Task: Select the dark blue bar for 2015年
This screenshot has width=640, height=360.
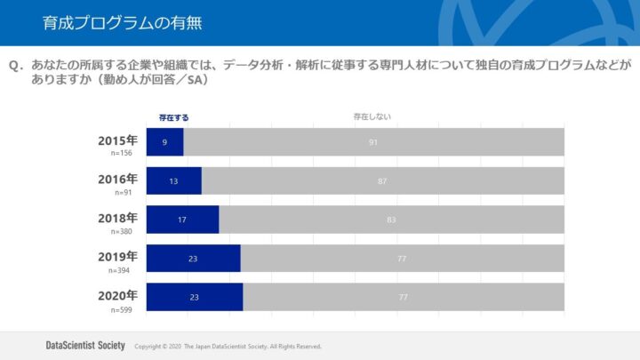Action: click(x=164, y=142)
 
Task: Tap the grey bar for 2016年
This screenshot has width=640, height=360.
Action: click(x=382, y=180)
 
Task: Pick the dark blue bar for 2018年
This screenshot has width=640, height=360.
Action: click(x=182, y=220)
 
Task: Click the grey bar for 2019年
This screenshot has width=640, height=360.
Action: click(x=402, y=258)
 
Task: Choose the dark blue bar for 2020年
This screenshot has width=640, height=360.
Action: click(x=194, y=297)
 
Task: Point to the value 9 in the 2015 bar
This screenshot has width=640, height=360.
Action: click(x=164, y=142)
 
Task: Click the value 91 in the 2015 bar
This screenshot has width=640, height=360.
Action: click(x=373, y=142)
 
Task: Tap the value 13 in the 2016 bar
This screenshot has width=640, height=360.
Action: click(x=173, y=180)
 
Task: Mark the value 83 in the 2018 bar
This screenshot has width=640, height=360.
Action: click(x=391, y=220)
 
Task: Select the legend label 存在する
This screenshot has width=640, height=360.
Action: click(x=173, y=116)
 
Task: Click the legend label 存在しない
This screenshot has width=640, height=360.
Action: click(x=372, y=116)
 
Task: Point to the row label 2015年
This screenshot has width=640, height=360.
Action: click(x=117, y=140)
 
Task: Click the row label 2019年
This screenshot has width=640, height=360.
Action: click(x=117, y=255)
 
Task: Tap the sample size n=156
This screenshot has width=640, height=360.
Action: click(x=122, y=154)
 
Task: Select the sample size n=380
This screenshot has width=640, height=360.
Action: click(x=122, y=231)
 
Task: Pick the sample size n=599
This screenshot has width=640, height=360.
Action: click(x=122, y=309)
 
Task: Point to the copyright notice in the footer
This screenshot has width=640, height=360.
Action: click(x=228, y=346)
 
